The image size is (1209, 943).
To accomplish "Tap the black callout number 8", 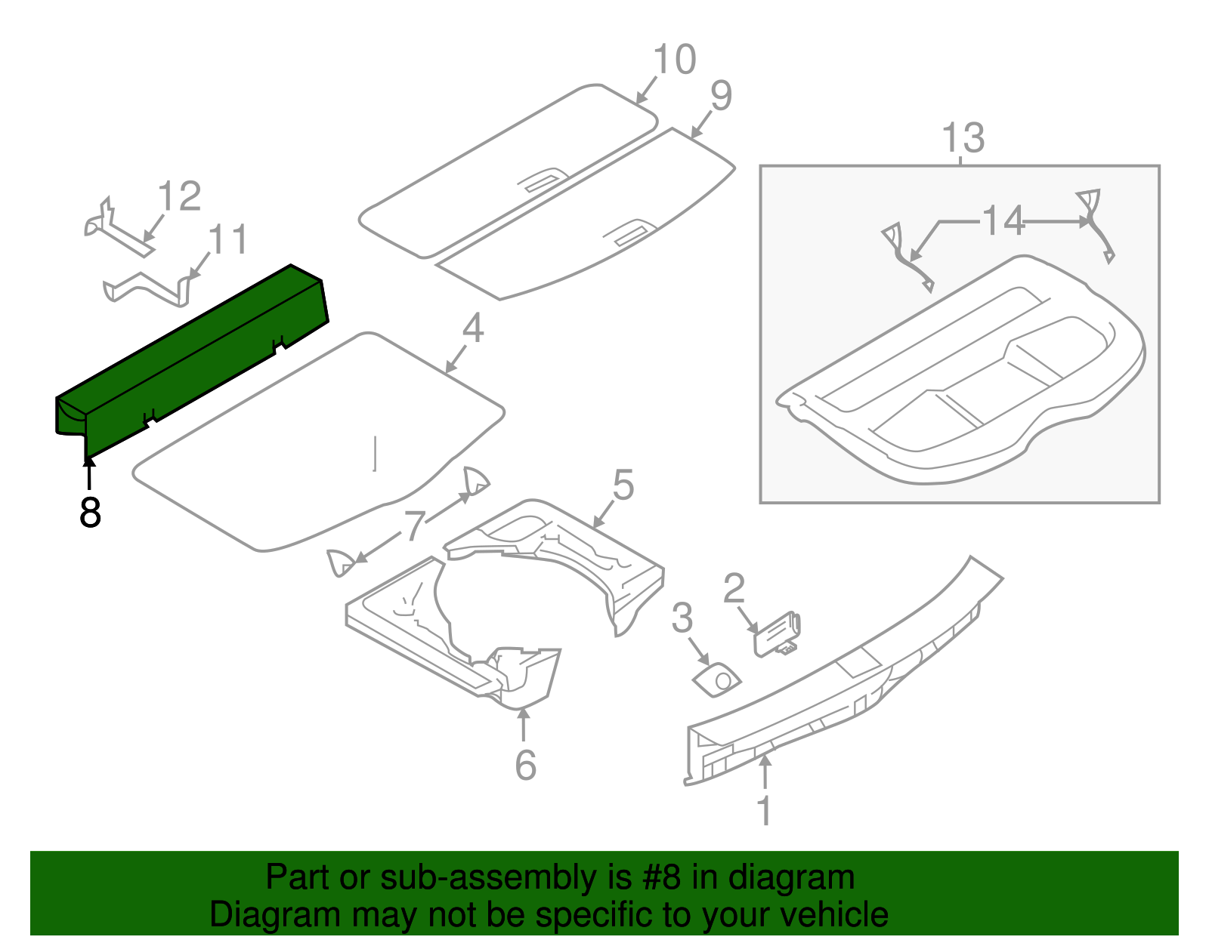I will (x=90, y=513).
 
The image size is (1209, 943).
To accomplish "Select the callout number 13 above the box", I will (x=963, y=139).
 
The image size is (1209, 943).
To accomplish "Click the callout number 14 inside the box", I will (x=1003, y=222).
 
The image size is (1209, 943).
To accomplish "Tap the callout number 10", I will (x=674, y=60).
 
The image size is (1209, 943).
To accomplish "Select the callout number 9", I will (x=721, y=96).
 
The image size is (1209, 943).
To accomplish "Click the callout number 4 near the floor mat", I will (x=472, y=328).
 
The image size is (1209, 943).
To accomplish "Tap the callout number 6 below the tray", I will (x=525, y=765).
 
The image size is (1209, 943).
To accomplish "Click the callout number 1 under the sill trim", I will (x=764, y=811).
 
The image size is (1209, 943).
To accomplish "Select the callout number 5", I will (x=623, y=485).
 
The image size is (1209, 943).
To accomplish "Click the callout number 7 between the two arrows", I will (x=415, y=525).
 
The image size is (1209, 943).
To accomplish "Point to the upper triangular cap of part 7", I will (x=476, y=481).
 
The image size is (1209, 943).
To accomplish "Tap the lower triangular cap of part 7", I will (x=340, y=562).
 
